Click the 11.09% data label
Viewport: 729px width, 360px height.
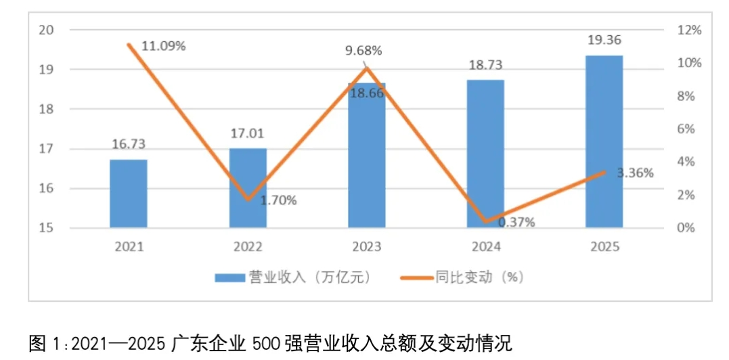point(163,46)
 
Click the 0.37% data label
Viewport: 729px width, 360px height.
point(516,222)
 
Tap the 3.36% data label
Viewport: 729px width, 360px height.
point(635,173)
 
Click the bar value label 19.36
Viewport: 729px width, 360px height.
point(604,41)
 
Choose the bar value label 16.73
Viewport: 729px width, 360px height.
point(129,144)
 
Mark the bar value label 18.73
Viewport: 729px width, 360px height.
point(485,65)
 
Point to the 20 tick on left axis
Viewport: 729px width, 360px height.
point(47,30)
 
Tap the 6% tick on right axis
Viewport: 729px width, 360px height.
point(687,129)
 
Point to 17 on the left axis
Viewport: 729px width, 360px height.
point(47,149)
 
